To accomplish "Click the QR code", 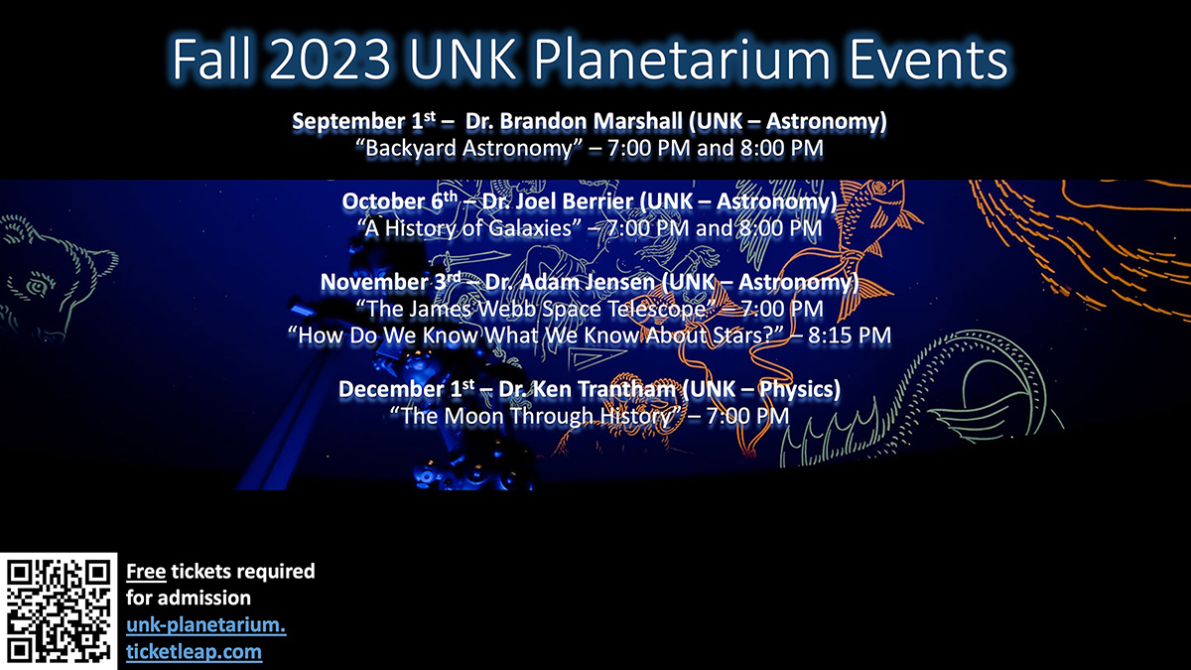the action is (x=59, y=611).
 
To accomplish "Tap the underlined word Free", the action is (x=146, y=572).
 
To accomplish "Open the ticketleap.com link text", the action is (x=195, y=652).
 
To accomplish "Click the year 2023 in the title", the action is (x=330, y=60).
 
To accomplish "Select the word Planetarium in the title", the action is (x=682, y=60).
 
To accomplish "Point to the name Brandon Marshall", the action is (x=590, y=121).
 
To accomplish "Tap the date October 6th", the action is (x=399, y=201).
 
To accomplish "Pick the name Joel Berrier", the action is (x=575, y=201).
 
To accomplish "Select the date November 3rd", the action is (x=390, y=282).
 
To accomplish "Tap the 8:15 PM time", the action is (x=850, y=335).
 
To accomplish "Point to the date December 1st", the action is (x=406, y=389).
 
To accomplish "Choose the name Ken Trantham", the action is (x=604, y=389).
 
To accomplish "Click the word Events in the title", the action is (x=928, y=60).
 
